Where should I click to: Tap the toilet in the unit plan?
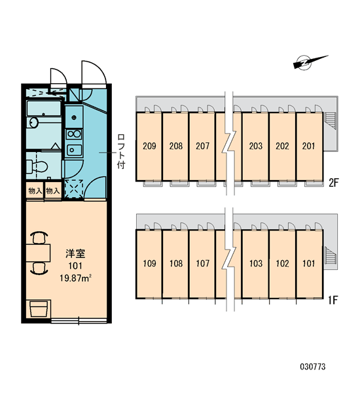pyautogui.click(x=37, y=166)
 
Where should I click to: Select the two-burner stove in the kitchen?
pyautogui.click(x=74, y=134)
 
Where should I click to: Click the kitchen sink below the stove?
pyautogui.click(x=74, y=150)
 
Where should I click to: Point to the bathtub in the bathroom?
pyautogui.click(x=44, y=109)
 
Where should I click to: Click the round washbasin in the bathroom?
pyautogui.click(x=33, y=122)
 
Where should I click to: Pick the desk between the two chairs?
pyautogui.click(x=38, y=253)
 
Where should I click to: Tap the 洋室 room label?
pyautogui.click(x=75, y=253)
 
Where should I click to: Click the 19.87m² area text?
pyautogui.click(x=75, y=278)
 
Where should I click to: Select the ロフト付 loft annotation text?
pyautogui.click(x=121, y=151)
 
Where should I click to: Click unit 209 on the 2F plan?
pyautogui.click(x=149, y=146)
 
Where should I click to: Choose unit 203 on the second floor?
pyautogui.click(x=255, y=146)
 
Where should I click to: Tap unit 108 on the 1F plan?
pyautogui.click(x=176, y=263)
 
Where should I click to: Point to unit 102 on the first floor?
pyautogui.click(x=282, y=263)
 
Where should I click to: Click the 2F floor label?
pyautogui.click(x=333, y=183)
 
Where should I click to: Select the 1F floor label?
pyautogui.click(x=333, y=300)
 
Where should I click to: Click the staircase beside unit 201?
pyautogui.click(x=330, y=121)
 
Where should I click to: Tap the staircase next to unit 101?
pyautogui.click(x=330, y=255)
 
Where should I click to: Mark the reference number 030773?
pyautogui.click(x=313, y=367)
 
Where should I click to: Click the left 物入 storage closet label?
pyautogui.click(x=35, y=191)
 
